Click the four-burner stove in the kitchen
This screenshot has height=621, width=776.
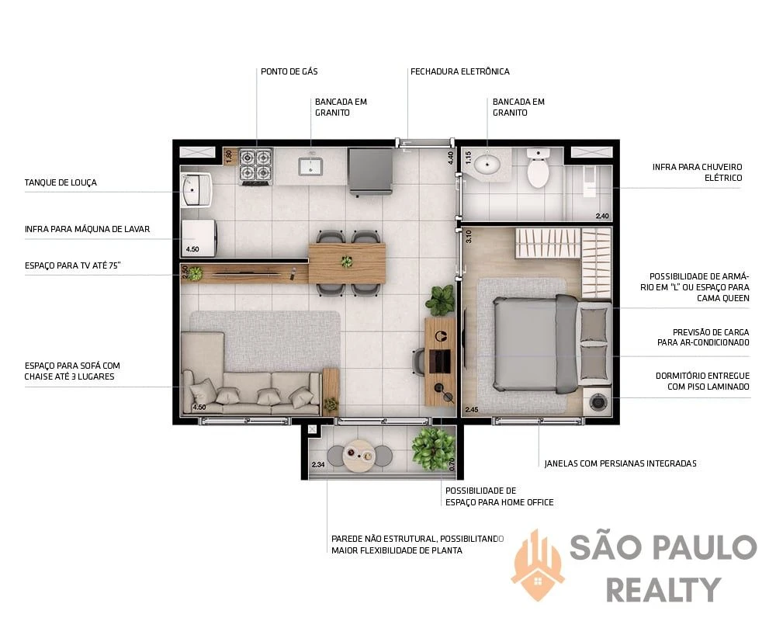pos(256,166)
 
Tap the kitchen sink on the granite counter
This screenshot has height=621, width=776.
pos(310,166)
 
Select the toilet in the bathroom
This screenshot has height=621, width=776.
pos(538,168)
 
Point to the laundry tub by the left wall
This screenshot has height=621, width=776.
pos(196,189)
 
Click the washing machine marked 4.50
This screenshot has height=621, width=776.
pos(198,238)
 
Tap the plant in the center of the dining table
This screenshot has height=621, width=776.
pos(347,260)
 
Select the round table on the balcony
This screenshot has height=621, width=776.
pos(360,455)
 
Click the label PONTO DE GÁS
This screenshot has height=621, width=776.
pos(289,71)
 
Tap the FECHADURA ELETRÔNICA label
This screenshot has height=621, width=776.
pos(459,71)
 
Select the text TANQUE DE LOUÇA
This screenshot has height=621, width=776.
pos(61,182)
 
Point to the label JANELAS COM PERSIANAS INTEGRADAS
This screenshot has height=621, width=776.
pos(620,463)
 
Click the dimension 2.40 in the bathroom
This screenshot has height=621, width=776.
pos(602,216)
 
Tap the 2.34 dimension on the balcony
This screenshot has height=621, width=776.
pos(318,464)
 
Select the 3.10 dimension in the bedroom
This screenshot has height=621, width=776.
pos(469,236)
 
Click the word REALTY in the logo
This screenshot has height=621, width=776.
pos(663,590)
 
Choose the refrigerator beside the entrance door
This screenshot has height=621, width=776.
pos(370,172)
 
